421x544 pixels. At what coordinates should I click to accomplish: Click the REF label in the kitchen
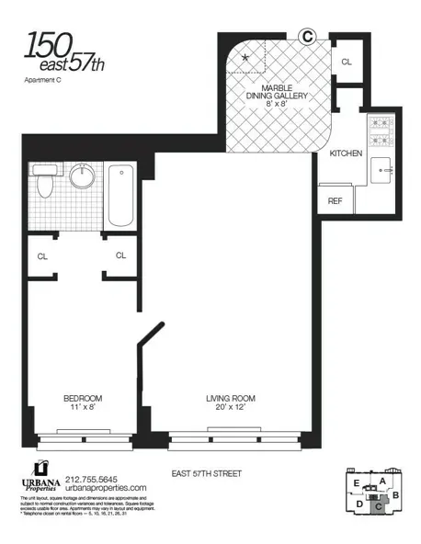[x=336, y=200]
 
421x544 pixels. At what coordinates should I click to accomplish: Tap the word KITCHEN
[x=346, y=153]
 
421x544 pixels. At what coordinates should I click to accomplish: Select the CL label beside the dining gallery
[x=347, y=62]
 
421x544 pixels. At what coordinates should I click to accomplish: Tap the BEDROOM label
[x=82, y=398]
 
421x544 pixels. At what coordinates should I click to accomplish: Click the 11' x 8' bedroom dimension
[x=81, y=409]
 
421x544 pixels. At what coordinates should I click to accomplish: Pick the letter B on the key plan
[x=395, y=496]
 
